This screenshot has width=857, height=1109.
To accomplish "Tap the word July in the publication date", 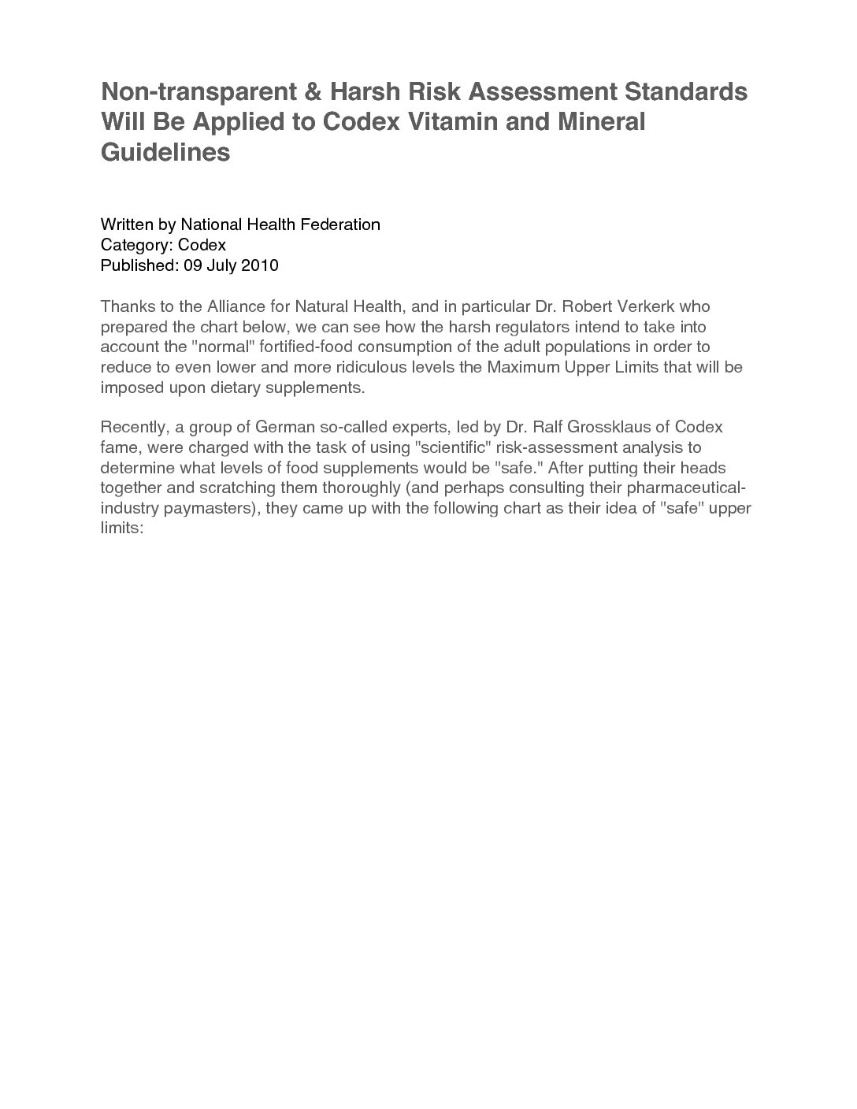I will [222, 265].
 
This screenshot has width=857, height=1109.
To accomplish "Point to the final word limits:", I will [121, 529].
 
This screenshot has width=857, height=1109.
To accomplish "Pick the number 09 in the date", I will [193, 265].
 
